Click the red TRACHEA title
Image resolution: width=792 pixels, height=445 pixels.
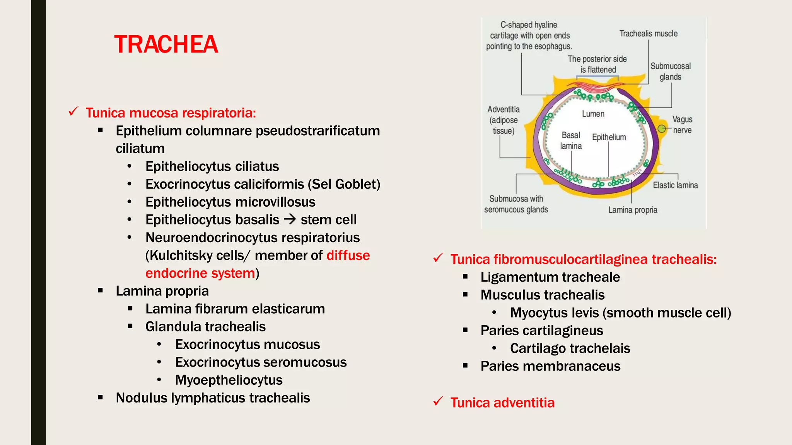click(166, 44)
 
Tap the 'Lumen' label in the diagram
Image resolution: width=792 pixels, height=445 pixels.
click(593, 114)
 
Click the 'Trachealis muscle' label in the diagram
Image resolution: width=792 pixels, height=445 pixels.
click(648, 34)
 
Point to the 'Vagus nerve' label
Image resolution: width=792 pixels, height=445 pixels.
click(682, 125)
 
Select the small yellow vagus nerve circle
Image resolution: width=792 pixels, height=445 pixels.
click(662, 129)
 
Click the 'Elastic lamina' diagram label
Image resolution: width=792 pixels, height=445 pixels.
click(675, 185)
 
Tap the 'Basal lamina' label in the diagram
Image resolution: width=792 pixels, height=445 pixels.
click(571, 141)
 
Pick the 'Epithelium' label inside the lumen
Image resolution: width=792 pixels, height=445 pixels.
click(609, 137)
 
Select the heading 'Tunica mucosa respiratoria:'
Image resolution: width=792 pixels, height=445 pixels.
click(171, 113)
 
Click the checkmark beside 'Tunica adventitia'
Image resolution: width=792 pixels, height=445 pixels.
click(438, 402)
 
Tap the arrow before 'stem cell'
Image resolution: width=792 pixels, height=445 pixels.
click(290, 219)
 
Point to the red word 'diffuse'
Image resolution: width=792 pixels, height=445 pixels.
click(348, 255)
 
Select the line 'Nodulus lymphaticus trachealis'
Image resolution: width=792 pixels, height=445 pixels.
click(213, 398)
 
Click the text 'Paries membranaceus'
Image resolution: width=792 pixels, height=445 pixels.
click(550, 366)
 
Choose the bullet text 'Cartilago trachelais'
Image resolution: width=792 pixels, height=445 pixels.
click(570, 348)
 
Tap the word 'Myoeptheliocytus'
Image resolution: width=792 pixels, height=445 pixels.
click(229, 380)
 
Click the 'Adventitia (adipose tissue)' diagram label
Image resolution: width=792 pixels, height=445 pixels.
click(503, 120)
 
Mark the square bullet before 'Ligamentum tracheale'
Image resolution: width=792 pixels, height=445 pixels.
click(465, 277)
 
